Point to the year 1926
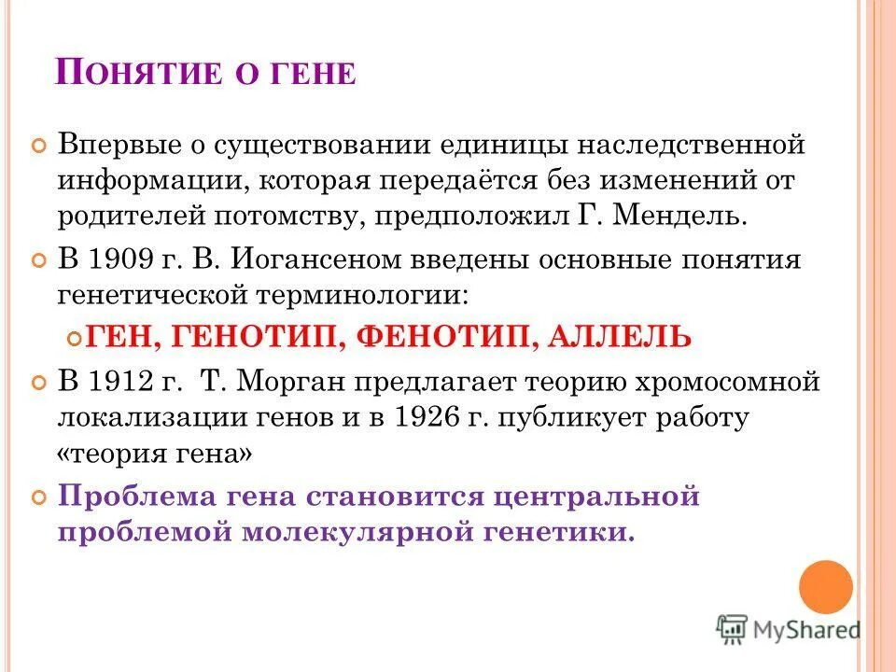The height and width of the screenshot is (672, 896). pyautogui.click(x=427, y=417)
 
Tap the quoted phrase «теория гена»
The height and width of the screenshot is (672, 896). pyautogui.click(x=154, y=454)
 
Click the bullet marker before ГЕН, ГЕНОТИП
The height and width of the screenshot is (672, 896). pyautogui.click(x=77, y=337)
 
